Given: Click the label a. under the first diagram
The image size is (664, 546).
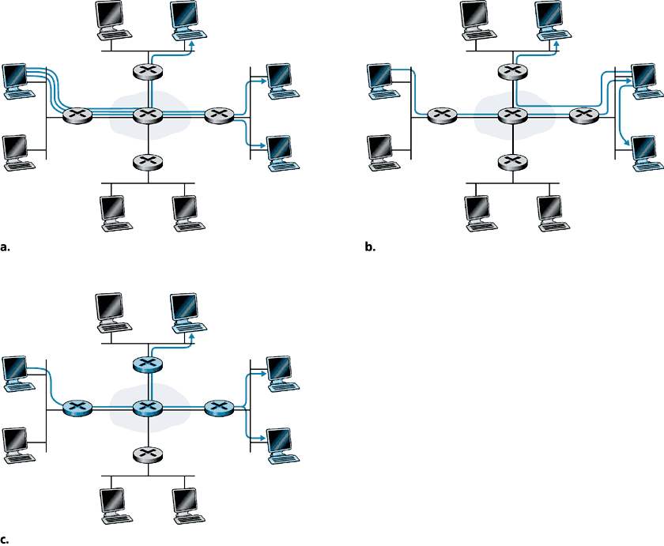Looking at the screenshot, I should [x=6, y=247].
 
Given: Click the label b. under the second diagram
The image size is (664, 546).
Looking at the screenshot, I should [x=370, y=247].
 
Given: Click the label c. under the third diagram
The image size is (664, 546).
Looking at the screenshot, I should [x=6, y=540].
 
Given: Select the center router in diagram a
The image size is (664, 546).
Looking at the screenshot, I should [x=147, y=115].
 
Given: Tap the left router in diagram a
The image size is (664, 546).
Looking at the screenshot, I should [x=77, y=115].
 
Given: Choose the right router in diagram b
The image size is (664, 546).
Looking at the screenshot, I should [x=583, y=115].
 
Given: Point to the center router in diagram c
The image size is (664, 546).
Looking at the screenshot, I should [x=147, y=408].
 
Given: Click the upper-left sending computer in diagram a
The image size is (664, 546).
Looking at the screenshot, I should [x=17, y=79].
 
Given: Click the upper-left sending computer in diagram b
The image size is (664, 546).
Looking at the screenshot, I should [x=381, y=79].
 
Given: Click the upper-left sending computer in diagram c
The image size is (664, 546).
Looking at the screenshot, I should [x=17, y=371].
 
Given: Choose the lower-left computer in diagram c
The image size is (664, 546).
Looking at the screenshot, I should [x=17, y=443].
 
